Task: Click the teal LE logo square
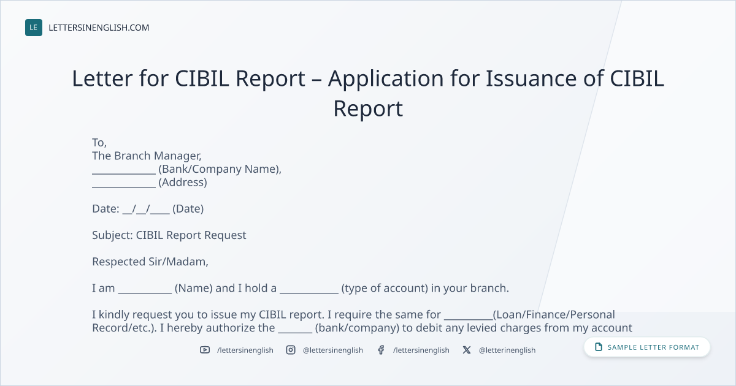click(x=34, y=28)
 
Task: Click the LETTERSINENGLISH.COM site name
click(x=99, y=28)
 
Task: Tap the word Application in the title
click(x=386, y=80)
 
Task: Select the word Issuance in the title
click(x=531, y=79)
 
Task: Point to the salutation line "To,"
click(x=99, y=143)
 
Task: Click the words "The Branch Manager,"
click(x=147, y=156)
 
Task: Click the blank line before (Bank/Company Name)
click(x=124, y=173)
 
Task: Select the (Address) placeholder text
click(x=183, y=182)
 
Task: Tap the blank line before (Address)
click(x=124, y=187)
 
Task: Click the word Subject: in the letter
click(x=112, y=235)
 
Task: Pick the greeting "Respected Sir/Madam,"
click(x=150, y=262)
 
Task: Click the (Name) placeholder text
click(x=194, y=288)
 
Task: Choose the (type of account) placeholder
click(x=385, y=288)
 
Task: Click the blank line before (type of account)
click(x=309, y=293)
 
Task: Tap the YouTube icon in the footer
click(x=205, y=350)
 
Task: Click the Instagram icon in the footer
click(x=291, y=350)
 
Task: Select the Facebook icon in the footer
click(x=381, y=350)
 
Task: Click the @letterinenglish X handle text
click(x=507, y=350)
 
